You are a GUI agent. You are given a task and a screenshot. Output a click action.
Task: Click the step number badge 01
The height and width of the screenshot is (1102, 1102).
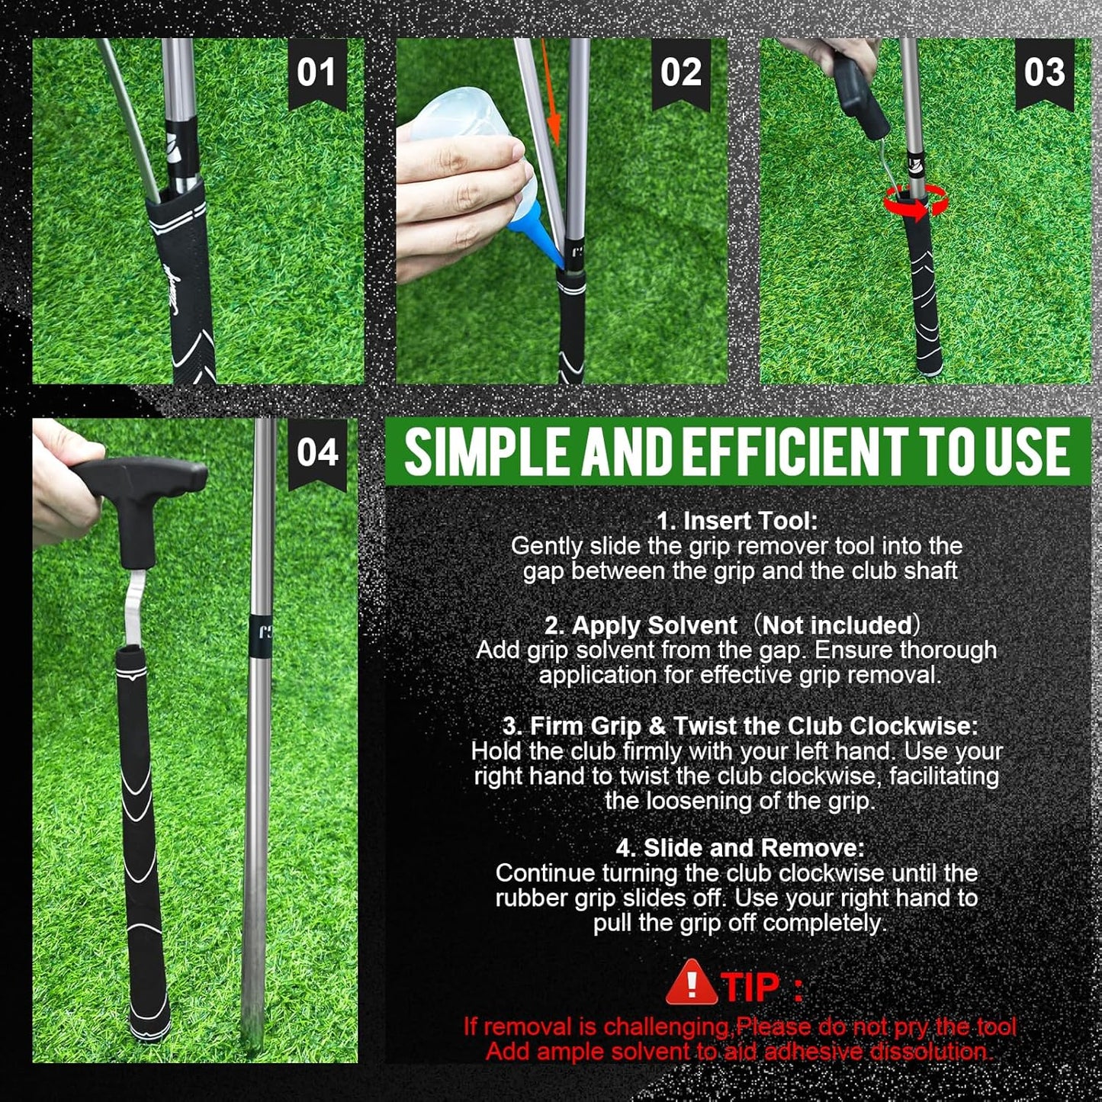tap(316, 74)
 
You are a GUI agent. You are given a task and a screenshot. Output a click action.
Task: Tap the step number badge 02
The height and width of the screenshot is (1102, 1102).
tap(680, 74)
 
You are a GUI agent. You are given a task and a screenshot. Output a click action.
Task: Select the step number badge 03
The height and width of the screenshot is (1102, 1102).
tap(1044, 74)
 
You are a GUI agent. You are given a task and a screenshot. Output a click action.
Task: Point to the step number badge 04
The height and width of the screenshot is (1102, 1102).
tap(317, 452)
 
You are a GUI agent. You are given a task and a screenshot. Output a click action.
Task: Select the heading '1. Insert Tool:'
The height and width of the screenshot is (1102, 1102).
tap(737, 521)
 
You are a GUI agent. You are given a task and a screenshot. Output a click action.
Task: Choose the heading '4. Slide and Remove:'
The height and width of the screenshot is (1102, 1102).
tap(740, 848)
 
